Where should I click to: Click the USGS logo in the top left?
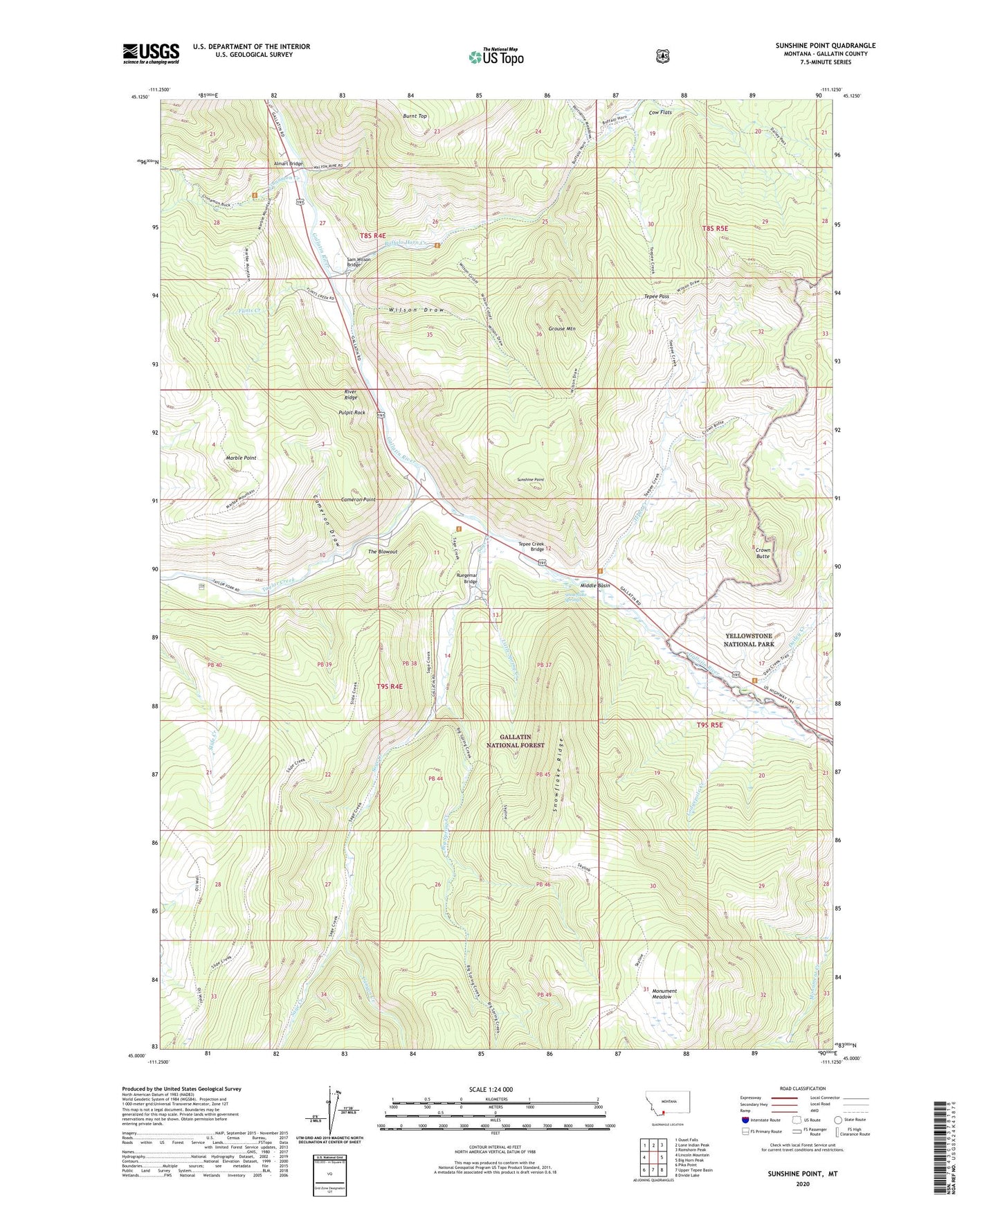(151, 53)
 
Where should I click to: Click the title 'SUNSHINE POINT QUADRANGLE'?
(825, 46)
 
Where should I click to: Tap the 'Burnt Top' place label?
(415, 116)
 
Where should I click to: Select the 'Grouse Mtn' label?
(561, 329)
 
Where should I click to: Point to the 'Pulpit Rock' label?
(352, 413)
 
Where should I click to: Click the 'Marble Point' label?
(241, 458)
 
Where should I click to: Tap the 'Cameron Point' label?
(358, 499)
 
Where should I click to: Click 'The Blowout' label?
(383, 552)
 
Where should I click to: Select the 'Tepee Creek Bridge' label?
(531, 546)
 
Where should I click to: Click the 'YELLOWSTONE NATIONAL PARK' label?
(748, 640)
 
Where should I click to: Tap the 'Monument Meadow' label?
(664, 994)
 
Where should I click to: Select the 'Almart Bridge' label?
(288, 164)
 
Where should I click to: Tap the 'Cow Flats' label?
(660, 113)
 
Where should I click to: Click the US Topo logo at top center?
(496, 56)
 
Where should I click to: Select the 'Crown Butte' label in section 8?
(763, 553)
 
